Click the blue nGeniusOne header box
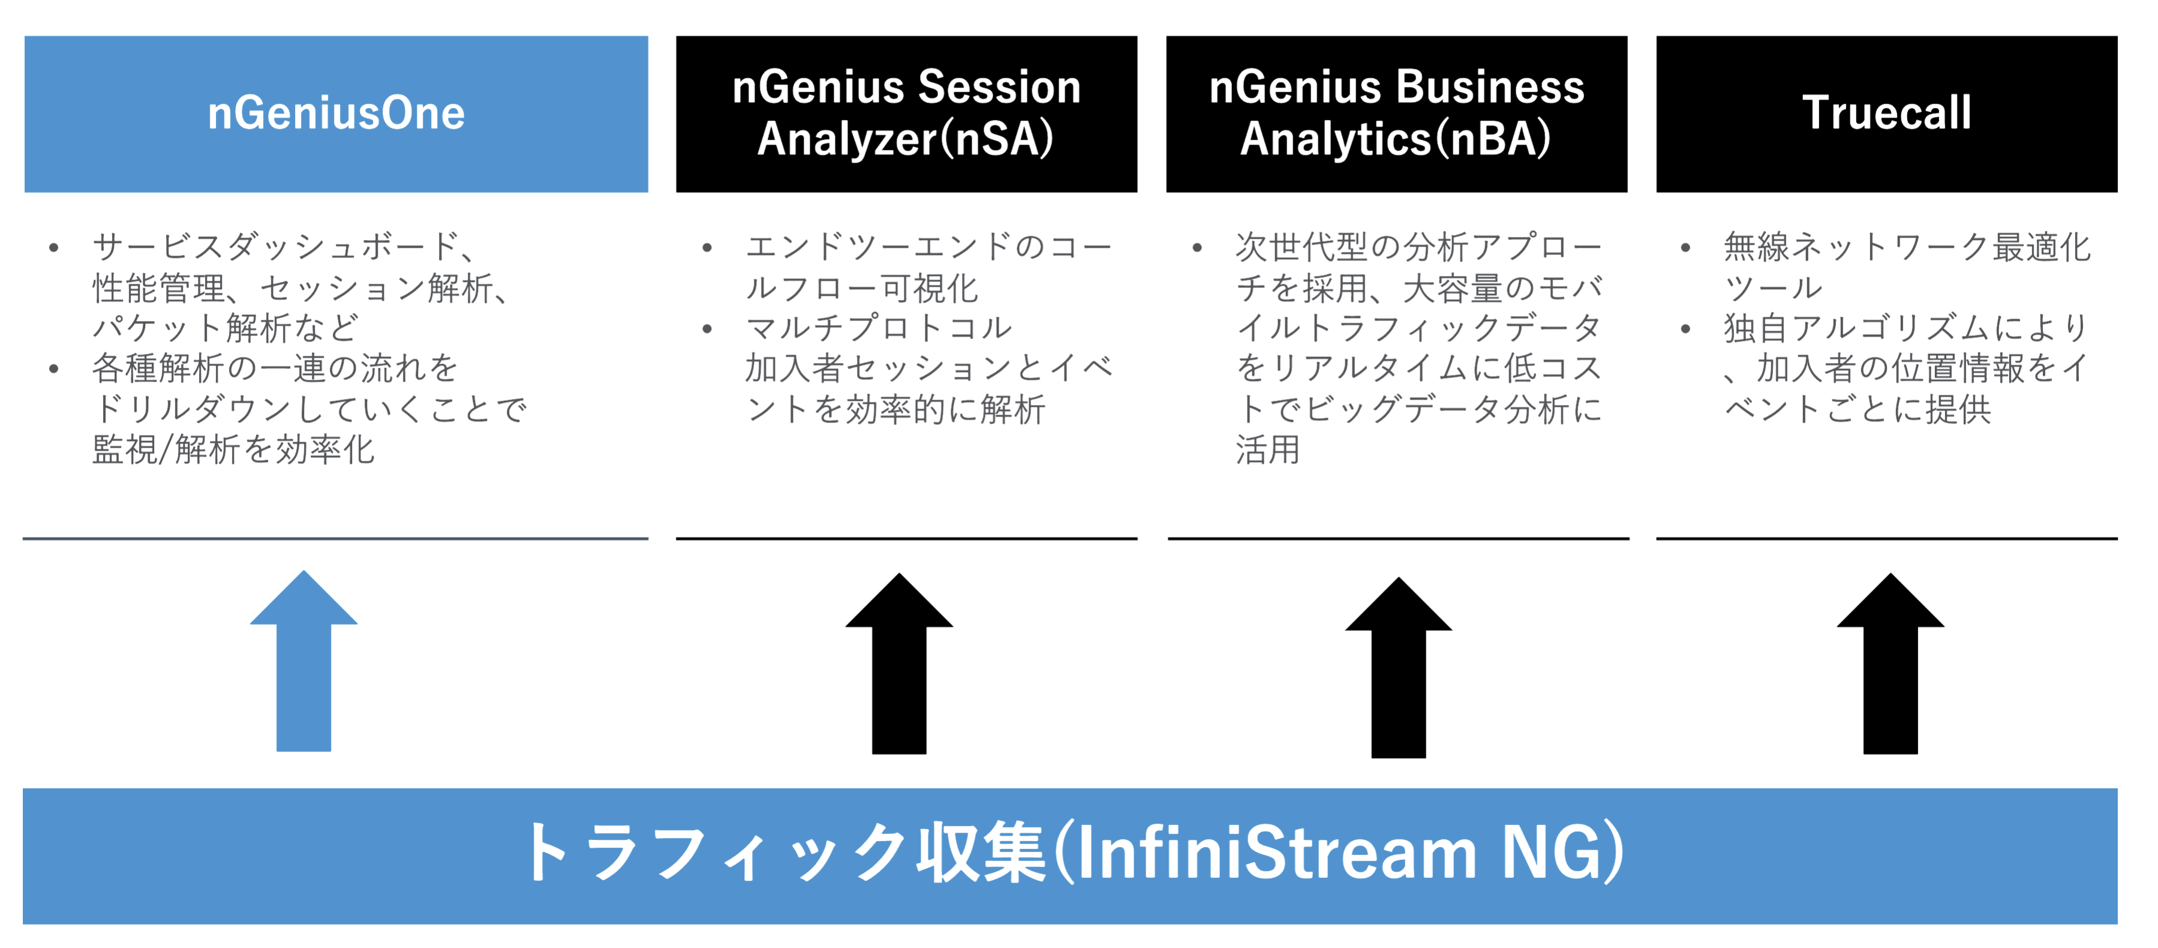point(336,113)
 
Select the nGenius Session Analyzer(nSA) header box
point(906,113)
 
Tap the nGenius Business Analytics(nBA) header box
point(1396,113)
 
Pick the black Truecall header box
point(1886,113)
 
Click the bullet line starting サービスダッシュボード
point(285,247)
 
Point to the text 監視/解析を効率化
point(234,450)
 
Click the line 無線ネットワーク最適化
point(1907,247)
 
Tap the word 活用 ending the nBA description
point(1267,450)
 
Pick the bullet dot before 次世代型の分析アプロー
point(1197,247)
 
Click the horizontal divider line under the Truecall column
point(1886,538)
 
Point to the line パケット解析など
point(226,328)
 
